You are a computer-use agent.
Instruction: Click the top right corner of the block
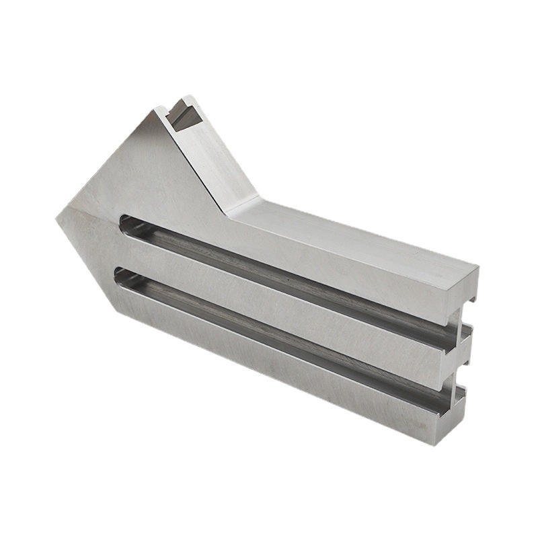pyautogui.click(x=478, y=267)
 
